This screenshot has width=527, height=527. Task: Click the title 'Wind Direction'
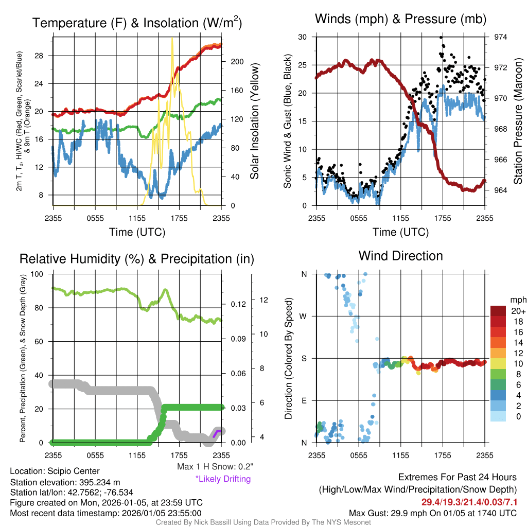point(400,256)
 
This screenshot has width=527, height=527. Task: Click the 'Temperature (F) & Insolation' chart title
point(137,23)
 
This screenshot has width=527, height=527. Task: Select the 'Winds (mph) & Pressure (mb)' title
point(401,19)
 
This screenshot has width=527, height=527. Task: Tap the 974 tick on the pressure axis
point(500,37)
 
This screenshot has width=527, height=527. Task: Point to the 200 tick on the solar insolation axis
point(237,62)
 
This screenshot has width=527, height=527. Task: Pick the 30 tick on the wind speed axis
point(303,37)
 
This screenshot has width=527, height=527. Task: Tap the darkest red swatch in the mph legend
point(498,311)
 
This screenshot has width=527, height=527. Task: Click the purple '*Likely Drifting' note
point(223,479)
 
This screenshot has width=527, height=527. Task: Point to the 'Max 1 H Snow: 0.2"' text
point(215,467)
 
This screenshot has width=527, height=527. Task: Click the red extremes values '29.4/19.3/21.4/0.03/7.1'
point(469,502)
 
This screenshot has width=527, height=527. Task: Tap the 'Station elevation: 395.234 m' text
point(65,482)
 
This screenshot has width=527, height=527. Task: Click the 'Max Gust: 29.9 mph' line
point(433,513)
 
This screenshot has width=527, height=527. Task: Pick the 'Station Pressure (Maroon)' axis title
point(518,121)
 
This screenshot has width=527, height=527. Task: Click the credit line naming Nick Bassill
point(263,522)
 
